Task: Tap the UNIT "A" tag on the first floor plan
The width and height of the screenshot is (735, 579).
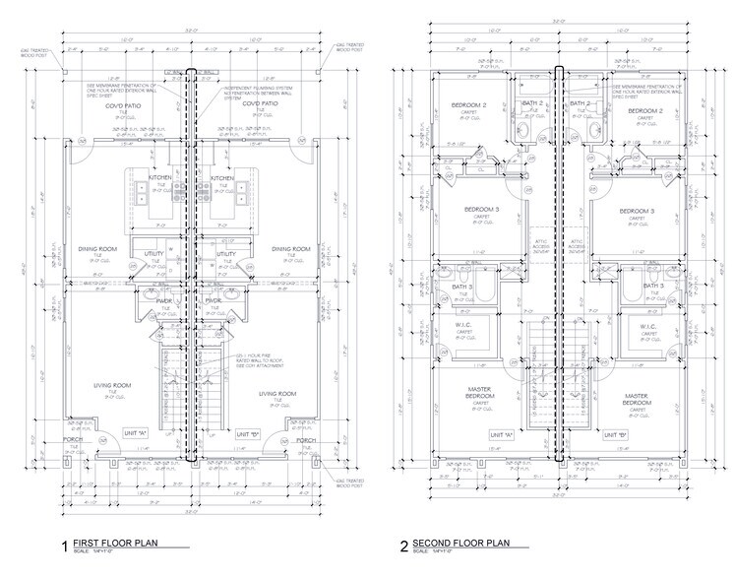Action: pyautogui.click(x=135, y=433)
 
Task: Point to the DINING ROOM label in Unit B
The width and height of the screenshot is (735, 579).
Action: pyautogui.click(x=291, y=248)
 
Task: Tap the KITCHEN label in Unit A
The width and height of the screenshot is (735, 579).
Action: pyautogui.click(x=160, y=178)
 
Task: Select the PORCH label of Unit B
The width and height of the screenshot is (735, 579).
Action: pyautogui.click(x=307, y=440)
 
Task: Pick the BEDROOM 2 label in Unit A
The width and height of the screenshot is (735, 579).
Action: pyautogui.click(x=469, y=104)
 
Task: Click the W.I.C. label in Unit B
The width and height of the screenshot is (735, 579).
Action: pyautogui.click(x=648, y=328)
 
